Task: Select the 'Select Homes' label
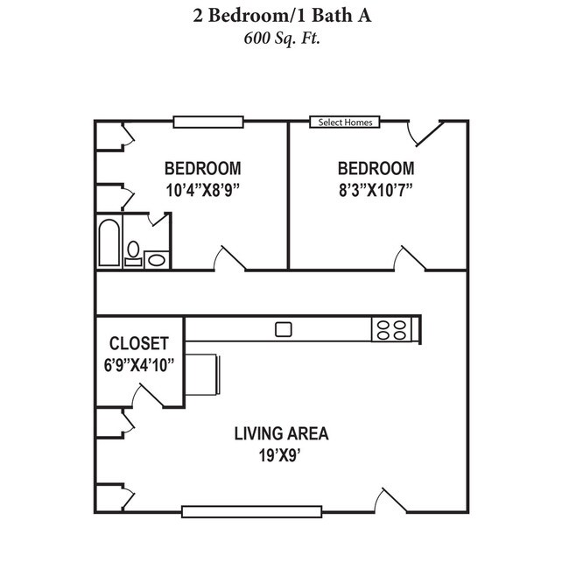point(345,123)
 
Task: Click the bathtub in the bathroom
point(109,243)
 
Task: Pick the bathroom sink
point(158,258)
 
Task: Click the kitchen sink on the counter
point(283,329)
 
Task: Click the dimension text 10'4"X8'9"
point(202,188)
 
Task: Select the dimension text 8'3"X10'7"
point(376,188)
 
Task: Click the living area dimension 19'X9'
point(281,454)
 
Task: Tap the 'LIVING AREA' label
point(281,433)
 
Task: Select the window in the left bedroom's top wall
point(207,122)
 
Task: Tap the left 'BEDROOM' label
point(202,168)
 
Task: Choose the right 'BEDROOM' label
point(376,168)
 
